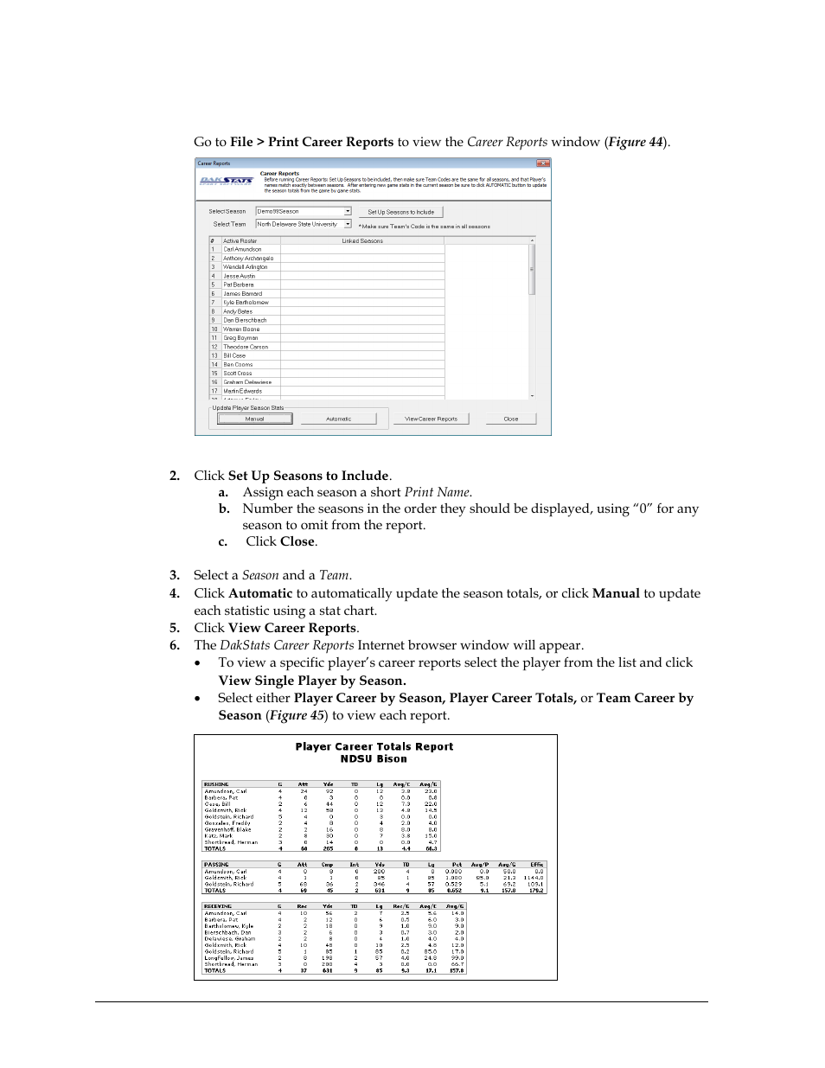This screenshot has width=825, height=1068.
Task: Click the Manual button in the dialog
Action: coord(254,419)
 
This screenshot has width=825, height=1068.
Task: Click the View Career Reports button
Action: coord(431,419)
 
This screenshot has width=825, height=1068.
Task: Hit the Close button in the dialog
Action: coord(511,419)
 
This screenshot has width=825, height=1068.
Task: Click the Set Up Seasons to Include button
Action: coord(400,212)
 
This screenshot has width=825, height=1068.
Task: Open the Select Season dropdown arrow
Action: coord(348,211)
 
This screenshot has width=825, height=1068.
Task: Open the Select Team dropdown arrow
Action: coord(348,224)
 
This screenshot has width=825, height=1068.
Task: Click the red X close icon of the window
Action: coord(543,163)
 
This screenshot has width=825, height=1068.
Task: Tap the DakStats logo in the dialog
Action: coord(226,181)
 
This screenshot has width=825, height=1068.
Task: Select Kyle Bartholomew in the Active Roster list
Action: coord(246,303)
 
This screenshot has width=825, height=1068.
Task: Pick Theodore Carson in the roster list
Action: coord(246,347)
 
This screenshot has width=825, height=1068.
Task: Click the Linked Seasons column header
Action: coord(362,241)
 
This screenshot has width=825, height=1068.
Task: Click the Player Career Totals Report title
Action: coord(374,746)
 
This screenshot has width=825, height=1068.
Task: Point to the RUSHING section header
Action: coord(216,784)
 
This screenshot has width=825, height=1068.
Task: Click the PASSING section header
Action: coord(215,864)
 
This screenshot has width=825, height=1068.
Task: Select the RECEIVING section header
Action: coord(218,906)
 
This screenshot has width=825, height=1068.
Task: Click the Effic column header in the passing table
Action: coord(536,864)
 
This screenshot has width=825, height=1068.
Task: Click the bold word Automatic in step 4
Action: coord(260,593)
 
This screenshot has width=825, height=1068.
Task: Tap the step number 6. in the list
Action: coord(175,645)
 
